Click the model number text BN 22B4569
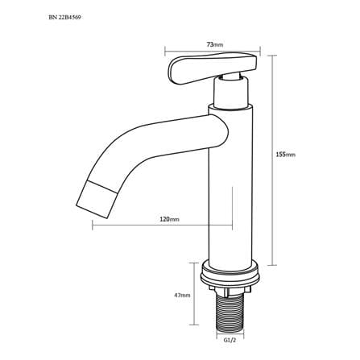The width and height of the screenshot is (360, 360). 64,18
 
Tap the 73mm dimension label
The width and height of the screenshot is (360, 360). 215,44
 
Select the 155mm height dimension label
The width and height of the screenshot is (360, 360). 286,155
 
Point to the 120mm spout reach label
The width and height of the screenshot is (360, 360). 170,219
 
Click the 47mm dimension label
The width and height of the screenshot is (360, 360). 182,295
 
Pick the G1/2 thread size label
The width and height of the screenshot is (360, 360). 230,339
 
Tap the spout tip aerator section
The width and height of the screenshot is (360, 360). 97,199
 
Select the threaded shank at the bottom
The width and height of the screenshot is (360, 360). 230,312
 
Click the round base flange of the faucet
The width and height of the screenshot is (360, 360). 230,274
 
